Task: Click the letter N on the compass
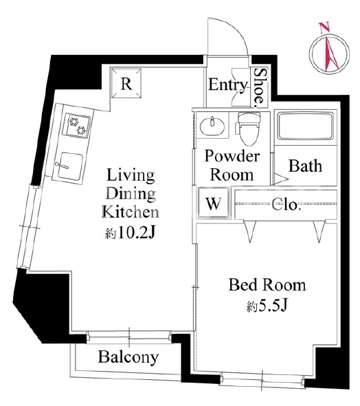(324, 27)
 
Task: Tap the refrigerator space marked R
(126, 83)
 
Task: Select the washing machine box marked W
(214, 203)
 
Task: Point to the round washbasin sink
(212, 126)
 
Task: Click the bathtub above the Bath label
(305, 126)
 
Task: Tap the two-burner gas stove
(77, 126)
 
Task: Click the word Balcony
(128, 358)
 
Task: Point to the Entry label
(228, 84)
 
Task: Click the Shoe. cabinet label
(260, 88)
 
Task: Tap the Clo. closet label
(286, 205)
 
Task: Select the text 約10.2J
(131, 234)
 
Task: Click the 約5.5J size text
(267, 306)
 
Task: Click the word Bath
(305, 166)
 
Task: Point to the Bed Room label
(267, 285)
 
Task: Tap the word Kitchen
(131, 212)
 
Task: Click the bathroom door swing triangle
(281, 179)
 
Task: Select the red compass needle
(332, 52)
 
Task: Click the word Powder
(232, 157)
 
